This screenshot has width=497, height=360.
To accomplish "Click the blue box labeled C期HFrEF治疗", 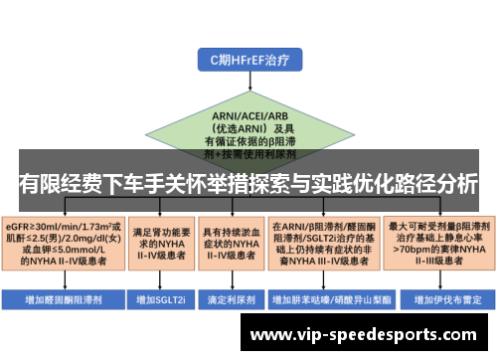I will tap(248, 61).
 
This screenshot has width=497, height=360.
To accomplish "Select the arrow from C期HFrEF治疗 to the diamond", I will tap(248, 85).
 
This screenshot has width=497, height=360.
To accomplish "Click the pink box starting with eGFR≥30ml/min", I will tap(64, 243).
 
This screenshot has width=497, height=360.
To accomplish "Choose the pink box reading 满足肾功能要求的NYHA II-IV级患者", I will tap(158, 243).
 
